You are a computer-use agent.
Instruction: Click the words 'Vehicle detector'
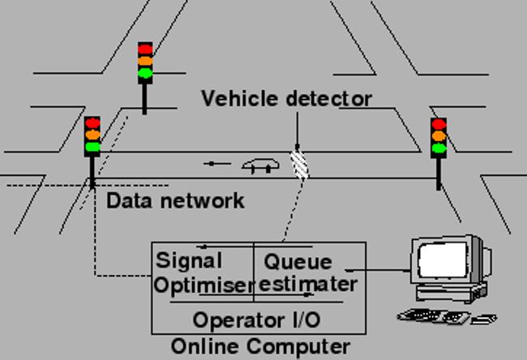point(286,99)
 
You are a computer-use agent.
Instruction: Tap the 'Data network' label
point(175,200)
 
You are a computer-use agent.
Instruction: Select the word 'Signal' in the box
point(189,261)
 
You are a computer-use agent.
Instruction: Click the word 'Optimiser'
point(205,285)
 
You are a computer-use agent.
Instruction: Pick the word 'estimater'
point(309,285)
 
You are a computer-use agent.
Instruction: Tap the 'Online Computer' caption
point(260,347)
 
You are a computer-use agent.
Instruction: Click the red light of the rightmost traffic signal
point(439,124)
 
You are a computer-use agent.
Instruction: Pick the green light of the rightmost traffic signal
point(439,148)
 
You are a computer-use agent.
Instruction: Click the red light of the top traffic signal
point(145,49)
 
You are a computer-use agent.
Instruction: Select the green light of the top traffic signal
point(145,74)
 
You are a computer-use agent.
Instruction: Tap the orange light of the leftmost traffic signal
point(92,135)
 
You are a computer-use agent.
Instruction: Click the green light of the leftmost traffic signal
point(92,148)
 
